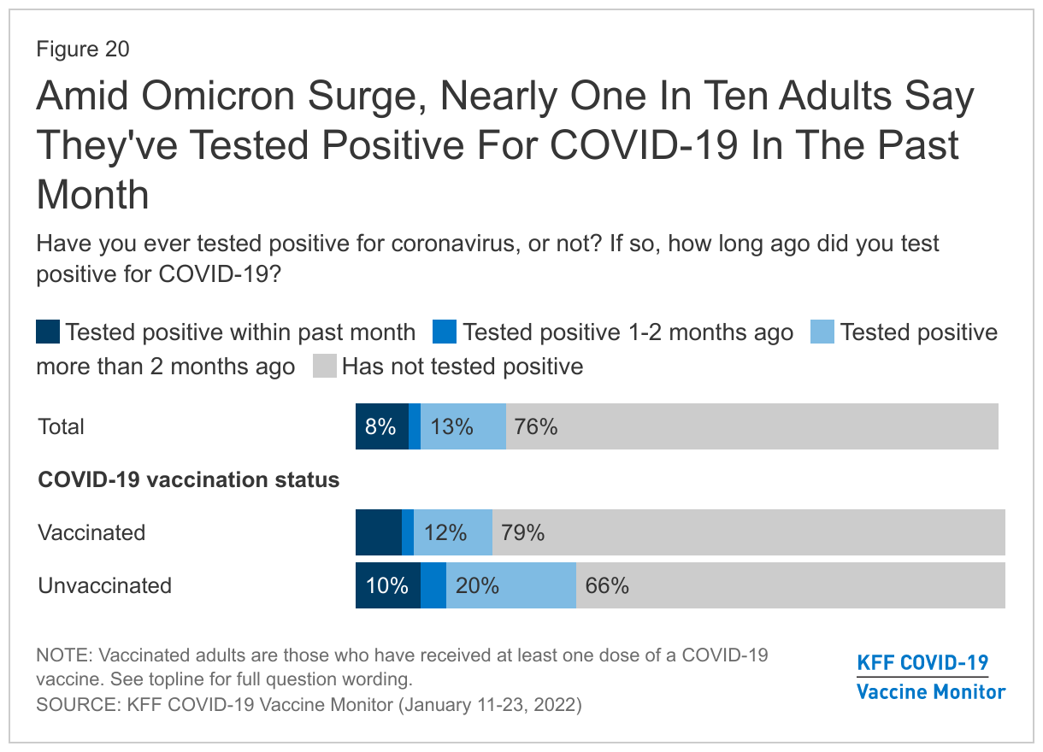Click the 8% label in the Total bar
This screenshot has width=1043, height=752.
380,426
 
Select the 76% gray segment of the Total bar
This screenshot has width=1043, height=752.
752,426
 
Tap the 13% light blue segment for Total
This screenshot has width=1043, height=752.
463,426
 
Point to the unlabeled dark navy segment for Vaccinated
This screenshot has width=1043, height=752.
379,532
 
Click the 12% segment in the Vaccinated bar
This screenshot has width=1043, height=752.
453,532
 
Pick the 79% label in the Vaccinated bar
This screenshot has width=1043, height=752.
522,532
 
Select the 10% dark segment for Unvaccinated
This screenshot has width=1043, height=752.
388,585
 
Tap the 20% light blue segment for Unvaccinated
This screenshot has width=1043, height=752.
511,585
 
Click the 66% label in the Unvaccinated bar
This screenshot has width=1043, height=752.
607,585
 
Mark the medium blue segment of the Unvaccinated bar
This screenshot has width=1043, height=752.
433,585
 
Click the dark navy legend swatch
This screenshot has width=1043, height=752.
48,332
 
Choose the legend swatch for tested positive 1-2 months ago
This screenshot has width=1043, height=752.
445,332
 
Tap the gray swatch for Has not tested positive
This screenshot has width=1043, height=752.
325,366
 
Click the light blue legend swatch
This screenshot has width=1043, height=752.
822,332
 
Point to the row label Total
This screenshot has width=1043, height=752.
61,426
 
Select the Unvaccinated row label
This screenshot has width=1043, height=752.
105,585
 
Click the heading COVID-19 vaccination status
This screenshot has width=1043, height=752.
189,479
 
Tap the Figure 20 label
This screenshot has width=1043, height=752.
83,49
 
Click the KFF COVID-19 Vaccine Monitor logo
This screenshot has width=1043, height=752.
931,677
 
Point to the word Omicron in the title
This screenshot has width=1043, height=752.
217,96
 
